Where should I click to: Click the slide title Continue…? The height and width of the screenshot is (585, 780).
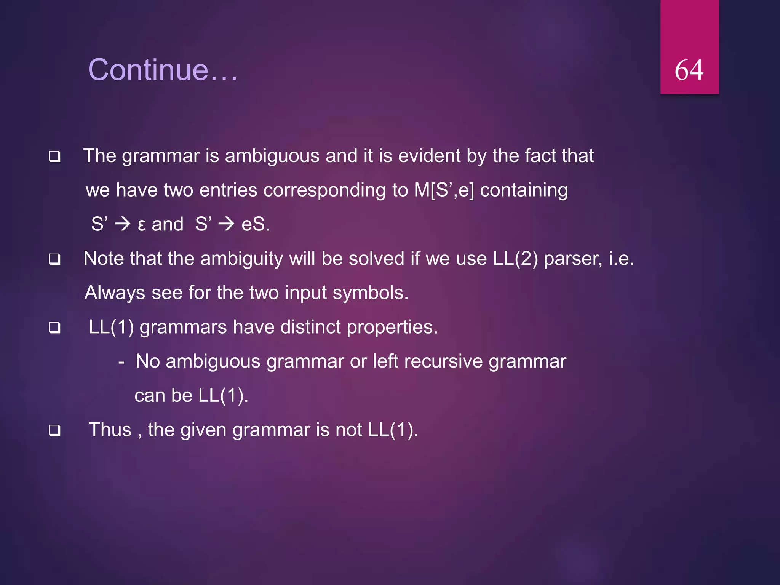click(163, 70)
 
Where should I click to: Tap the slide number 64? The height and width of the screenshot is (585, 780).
click(689, 70)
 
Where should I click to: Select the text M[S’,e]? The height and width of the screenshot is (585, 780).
click(444, 190)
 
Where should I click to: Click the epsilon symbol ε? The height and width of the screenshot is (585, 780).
click(141, 225)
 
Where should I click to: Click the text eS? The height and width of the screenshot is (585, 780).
click(255, 224)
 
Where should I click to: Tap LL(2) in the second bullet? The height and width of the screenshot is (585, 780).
click(515, 259)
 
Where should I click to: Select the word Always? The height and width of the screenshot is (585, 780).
click(115, 293)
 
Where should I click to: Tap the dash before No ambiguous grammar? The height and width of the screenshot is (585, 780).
click(121, 361)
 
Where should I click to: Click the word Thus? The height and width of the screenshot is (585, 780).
click(110, 430)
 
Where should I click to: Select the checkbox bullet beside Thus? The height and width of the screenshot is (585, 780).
click(54, 430)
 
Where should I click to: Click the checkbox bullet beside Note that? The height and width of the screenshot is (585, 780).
click(54, 259)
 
